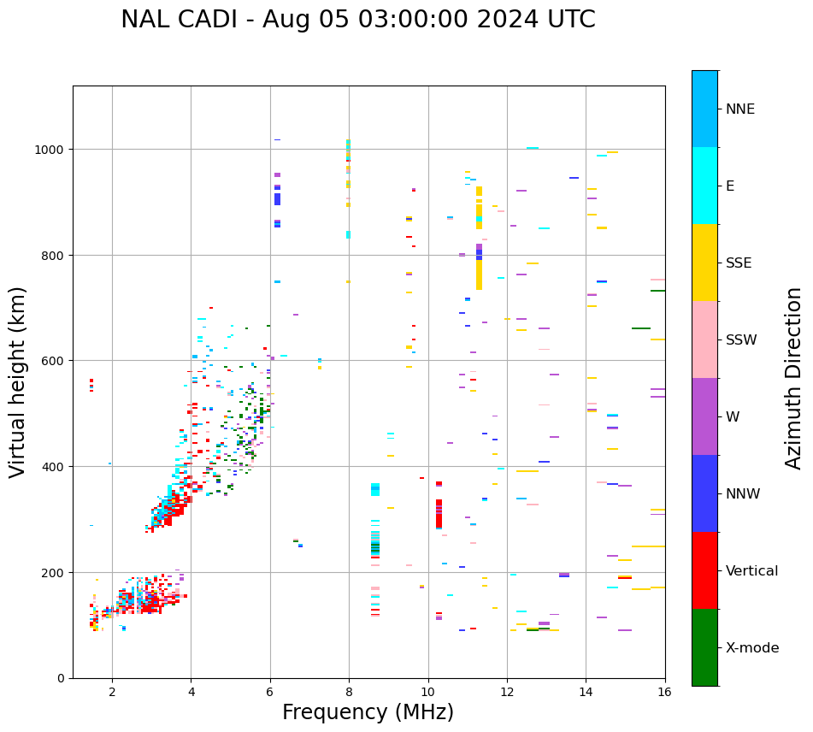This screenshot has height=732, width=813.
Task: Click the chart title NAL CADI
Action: tap(357, 20)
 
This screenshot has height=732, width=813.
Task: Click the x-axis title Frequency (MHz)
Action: tap(368, 712)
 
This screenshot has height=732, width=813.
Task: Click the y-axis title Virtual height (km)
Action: tap(18, 382)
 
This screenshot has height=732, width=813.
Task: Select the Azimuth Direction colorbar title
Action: tap(794, 378)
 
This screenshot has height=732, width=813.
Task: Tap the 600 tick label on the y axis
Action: tap(57, 361)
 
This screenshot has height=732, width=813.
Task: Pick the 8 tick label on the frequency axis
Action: tap(349, 693)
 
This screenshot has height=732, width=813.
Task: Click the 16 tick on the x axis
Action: tap(664, 693)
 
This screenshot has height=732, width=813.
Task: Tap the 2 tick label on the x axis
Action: tap(112, 693)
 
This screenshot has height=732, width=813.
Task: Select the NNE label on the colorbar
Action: tap(740, 109)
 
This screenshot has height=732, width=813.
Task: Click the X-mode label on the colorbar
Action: tap(752, 648)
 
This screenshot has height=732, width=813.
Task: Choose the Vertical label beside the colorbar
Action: tap(752, 571)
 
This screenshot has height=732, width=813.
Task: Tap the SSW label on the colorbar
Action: tap(741, 340)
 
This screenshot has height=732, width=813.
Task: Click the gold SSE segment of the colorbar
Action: tap(704, 263)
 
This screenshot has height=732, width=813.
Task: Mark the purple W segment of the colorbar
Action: tap(704, 416)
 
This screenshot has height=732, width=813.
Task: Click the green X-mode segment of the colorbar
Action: tap(704, 647)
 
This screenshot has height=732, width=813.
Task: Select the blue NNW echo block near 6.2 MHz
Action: tap(277, 198)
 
